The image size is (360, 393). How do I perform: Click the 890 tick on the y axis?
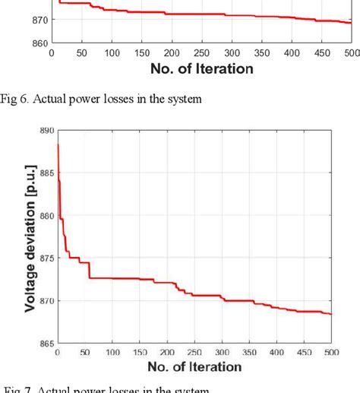click(46, 131)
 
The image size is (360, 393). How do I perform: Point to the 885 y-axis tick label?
click(46, 173)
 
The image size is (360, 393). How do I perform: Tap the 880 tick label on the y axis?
click(46, 216)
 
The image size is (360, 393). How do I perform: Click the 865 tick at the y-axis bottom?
click(46, 343)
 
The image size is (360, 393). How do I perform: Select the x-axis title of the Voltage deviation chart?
click(194, 367)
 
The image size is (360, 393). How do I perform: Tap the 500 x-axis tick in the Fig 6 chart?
click(351, 54)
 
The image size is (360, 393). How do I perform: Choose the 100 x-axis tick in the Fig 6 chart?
click(111, 54)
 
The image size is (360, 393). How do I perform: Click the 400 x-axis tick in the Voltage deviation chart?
click(298, 353)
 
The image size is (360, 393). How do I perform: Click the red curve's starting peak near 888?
click(58, 144)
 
